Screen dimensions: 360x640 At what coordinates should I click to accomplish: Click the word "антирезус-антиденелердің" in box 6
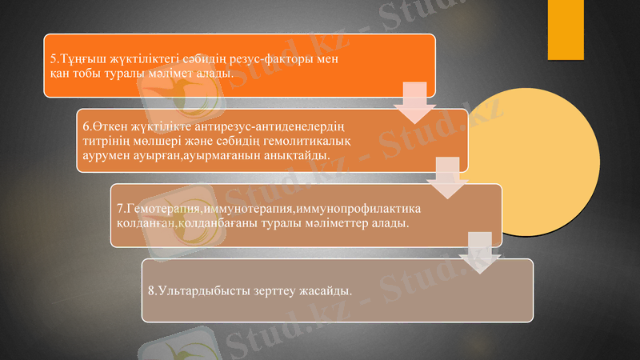[274, 126]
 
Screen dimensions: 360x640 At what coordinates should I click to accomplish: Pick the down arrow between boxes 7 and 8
[480, 252]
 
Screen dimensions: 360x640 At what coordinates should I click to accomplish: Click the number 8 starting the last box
[151, 289]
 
